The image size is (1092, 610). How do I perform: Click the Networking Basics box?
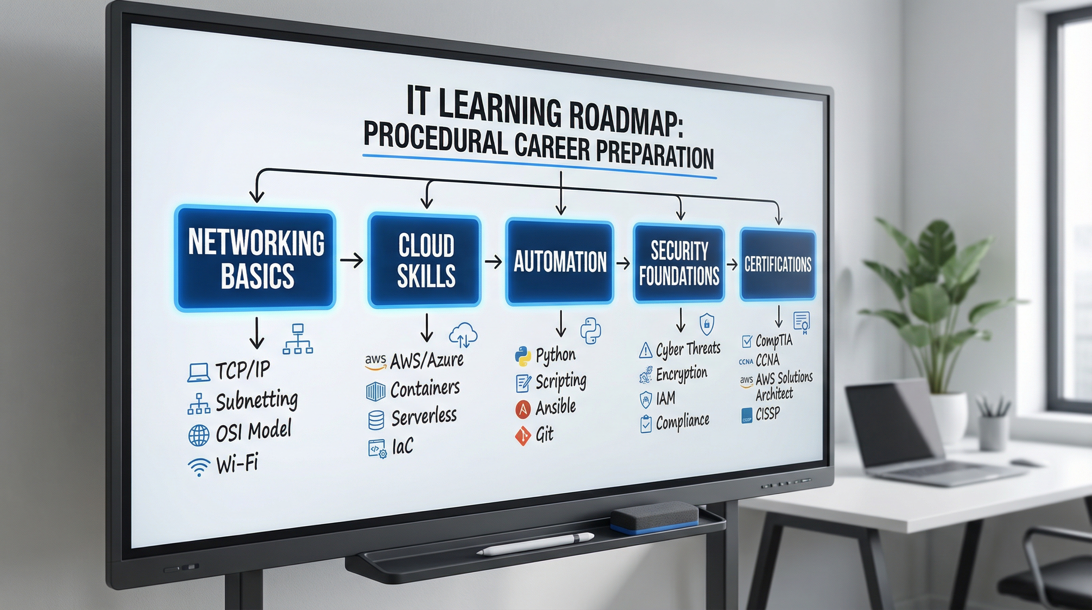[x=256, y=259]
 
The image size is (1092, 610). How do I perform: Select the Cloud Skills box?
[x=425, y=261]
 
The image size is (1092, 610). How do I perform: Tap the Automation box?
[x=559, y=261]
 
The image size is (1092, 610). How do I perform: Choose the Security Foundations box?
[x=679, y=263]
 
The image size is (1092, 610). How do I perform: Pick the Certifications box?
[x=777, y=264]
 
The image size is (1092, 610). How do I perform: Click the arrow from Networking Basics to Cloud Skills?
[x=352, y=260]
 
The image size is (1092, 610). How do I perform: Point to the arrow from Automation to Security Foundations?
[x=623, y=263]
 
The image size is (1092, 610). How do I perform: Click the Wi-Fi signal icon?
[x=198, y=467]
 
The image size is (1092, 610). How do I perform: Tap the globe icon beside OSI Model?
[x=198, y=435]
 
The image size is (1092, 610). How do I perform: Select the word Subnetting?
[x=256, y=401]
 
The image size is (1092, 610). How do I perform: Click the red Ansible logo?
[x=523, y=409]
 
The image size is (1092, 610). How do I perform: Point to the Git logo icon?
[x=523, y=436]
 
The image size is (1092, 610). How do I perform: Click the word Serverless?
[x=424, y=417]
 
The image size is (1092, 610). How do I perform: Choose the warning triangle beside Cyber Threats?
[x=645, y=350]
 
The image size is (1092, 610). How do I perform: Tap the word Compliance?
[x=682, y=422]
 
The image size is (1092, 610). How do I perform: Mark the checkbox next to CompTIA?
[x=746, y=341]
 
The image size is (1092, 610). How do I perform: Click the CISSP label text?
[x=767, y=413]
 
